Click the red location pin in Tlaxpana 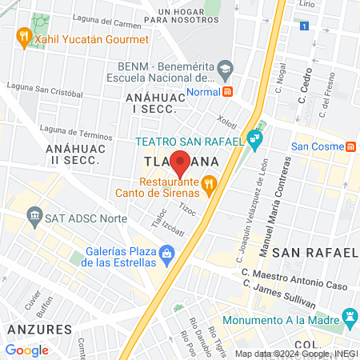click(x=181, y=163)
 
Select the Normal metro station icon click(x=228, y=91)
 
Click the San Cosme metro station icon click(x=350, y=146)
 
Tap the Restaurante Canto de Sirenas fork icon click(x=210, y=186)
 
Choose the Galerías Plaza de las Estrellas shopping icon click(x=166, y=256)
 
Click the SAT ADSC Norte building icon click(x=34, y=215)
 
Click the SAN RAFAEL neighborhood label click(x=313, y=253)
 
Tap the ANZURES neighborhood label click(x=38, y=329)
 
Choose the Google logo click(x=27, y=350)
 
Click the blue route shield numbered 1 click(x=304, y=26)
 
